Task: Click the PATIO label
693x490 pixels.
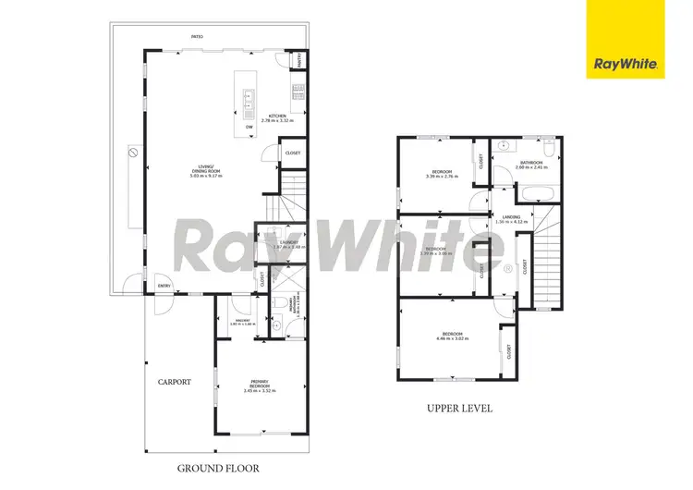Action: [197, 37]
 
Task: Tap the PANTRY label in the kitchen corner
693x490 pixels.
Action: [299, 61]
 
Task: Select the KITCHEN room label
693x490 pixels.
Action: [277, 117]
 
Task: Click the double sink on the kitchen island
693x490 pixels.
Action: [249, 95]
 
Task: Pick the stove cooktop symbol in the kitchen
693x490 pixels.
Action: [298, 91]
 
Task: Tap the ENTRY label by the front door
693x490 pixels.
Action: [163, 287]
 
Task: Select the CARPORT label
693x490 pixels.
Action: [173, 381]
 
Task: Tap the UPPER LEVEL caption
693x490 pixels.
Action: [459, 407]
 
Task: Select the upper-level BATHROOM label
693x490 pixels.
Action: [531, 165]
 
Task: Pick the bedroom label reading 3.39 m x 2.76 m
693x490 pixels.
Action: [442, 173]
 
